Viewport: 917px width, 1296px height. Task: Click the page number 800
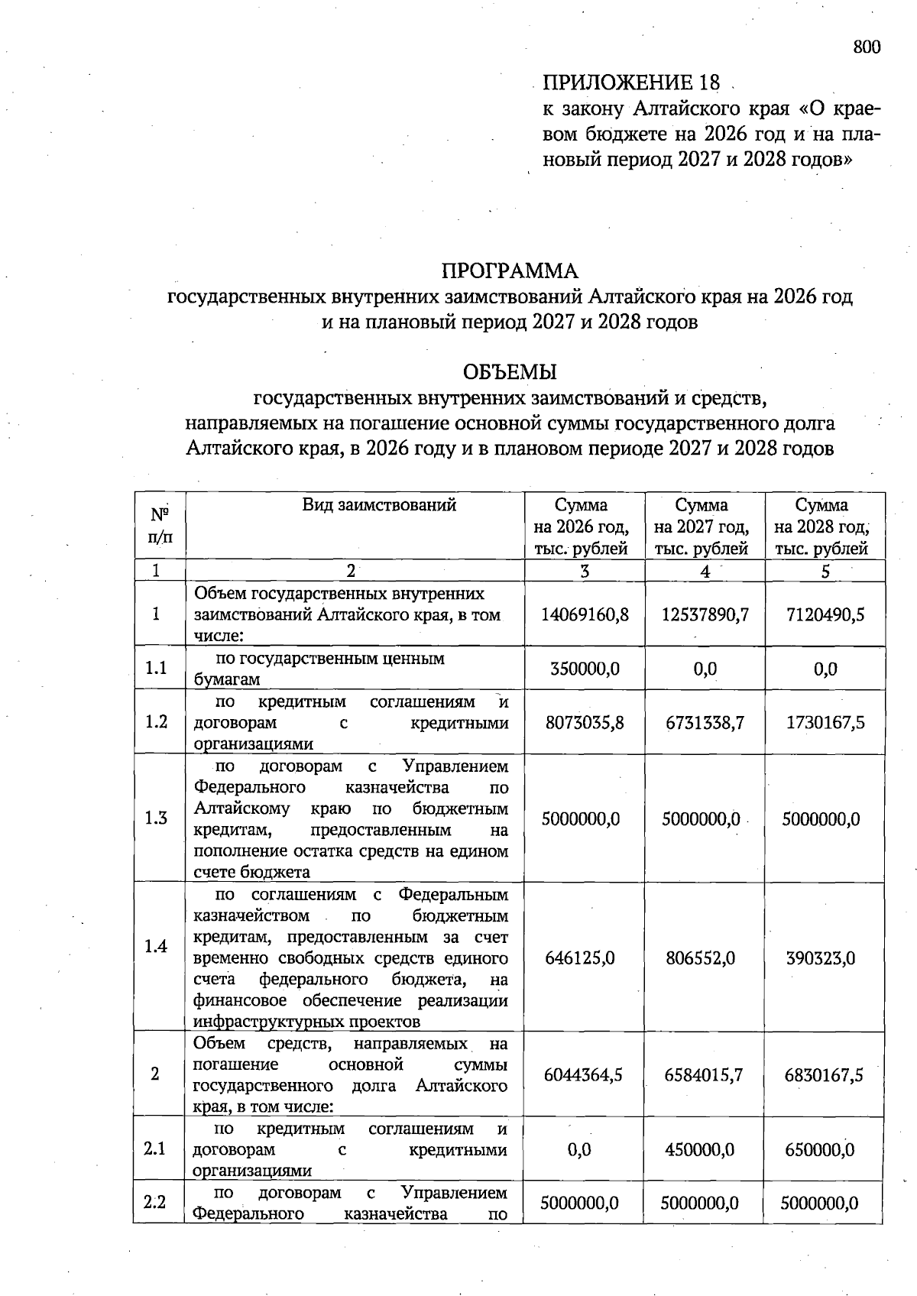coord(867,47)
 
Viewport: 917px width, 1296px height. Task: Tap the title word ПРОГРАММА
coord(510,271)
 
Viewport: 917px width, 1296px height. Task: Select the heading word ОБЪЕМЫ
coord(510,372)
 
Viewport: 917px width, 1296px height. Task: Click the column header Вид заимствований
coord(379,505)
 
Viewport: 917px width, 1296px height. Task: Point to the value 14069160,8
coord(585,614)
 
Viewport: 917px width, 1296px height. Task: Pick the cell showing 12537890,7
coord(705,614)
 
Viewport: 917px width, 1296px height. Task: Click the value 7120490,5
coord(825,614)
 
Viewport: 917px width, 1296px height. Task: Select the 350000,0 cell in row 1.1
coord(585,669)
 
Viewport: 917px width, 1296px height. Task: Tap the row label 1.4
coord(156,947)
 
